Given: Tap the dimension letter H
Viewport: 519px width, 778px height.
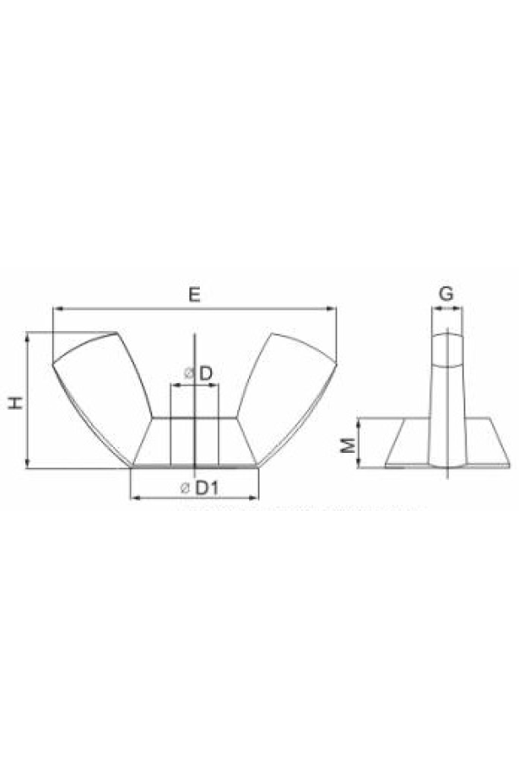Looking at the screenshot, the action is click(16, 402).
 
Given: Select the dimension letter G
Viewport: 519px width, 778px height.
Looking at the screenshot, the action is click(446, 294).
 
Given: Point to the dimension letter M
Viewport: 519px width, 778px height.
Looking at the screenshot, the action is click(349, 444).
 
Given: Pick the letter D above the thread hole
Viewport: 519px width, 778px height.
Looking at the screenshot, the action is click(206, 373).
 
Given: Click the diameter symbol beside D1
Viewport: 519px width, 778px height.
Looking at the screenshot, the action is click(184, 488).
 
